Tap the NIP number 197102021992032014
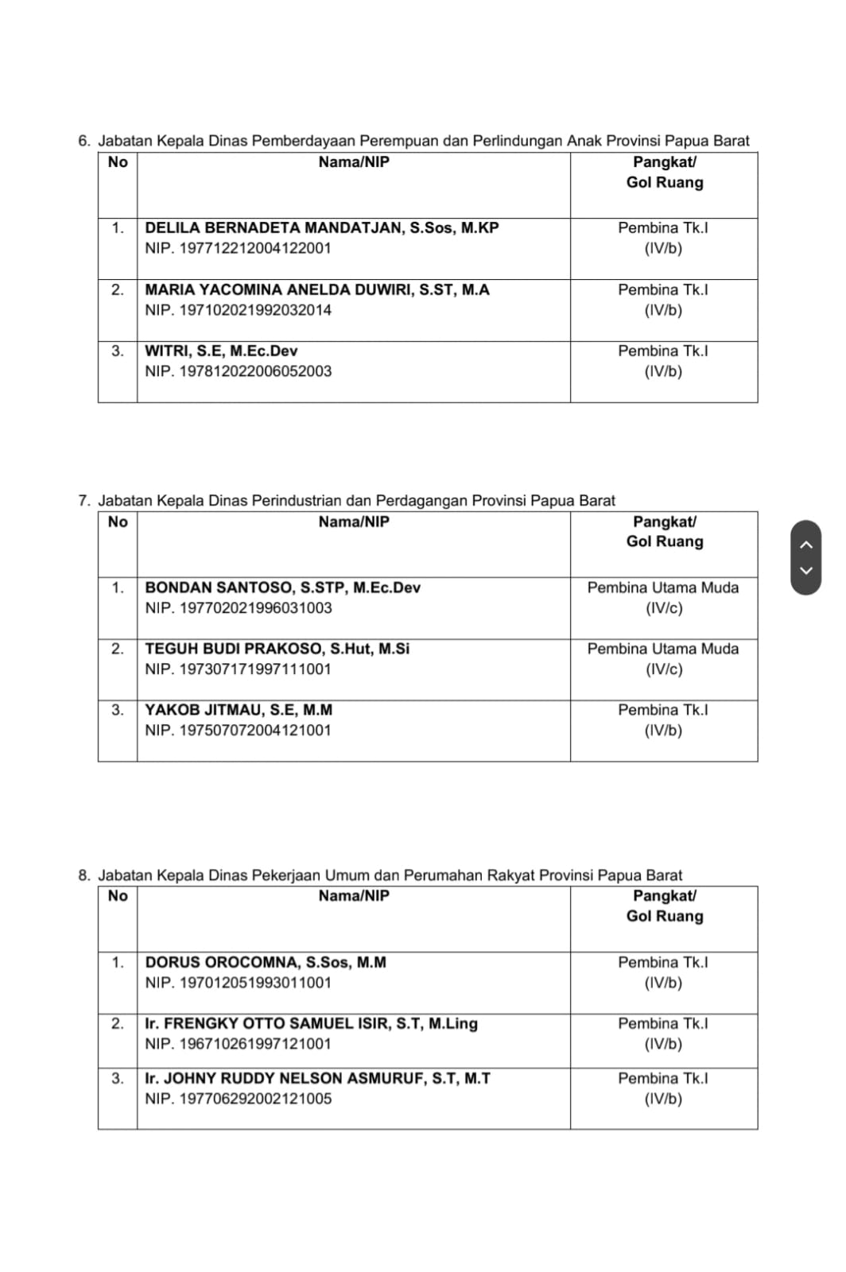pyautogui.click(x=238, y=311)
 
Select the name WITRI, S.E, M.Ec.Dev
pyautogui.click(x=221, y=351)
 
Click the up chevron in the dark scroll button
pyautogui.click(x=806, y=545)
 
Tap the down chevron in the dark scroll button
pyautogui.click(x=806, y=570)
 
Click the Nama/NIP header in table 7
pyautogui.click(x=354, y=522)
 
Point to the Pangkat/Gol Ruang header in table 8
pyautogui.click(x=664, y=906)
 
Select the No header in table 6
pyautogui.click(x=118, y=162)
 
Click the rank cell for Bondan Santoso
pyautogui.click(x=663, y=598)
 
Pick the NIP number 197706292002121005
pyautogui.click(x=238, y=1099)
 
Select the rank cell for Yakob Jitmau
pyautogui.click(x=663, y=720)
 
